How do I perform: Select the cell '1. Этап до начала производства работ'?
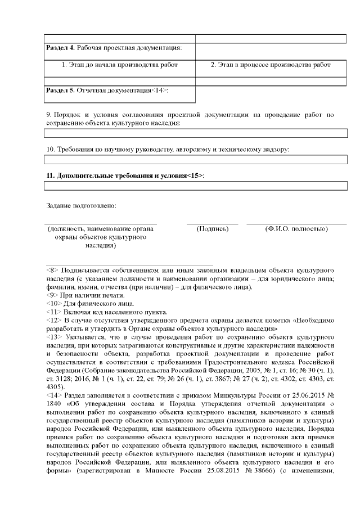point(119,65)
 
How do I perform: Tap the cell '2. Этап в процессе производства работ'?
point(271,65)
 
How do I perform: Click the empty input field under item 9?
point(195,133)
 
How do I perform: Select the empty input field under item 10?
point(195,160)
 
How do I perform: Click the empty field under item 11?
point(195,186)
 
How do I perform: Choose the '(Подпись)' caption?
point(212,229)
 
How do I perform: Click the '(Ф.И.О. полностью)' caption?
point(296,229)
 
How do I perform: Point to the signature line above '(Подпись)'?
point(212,224)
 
